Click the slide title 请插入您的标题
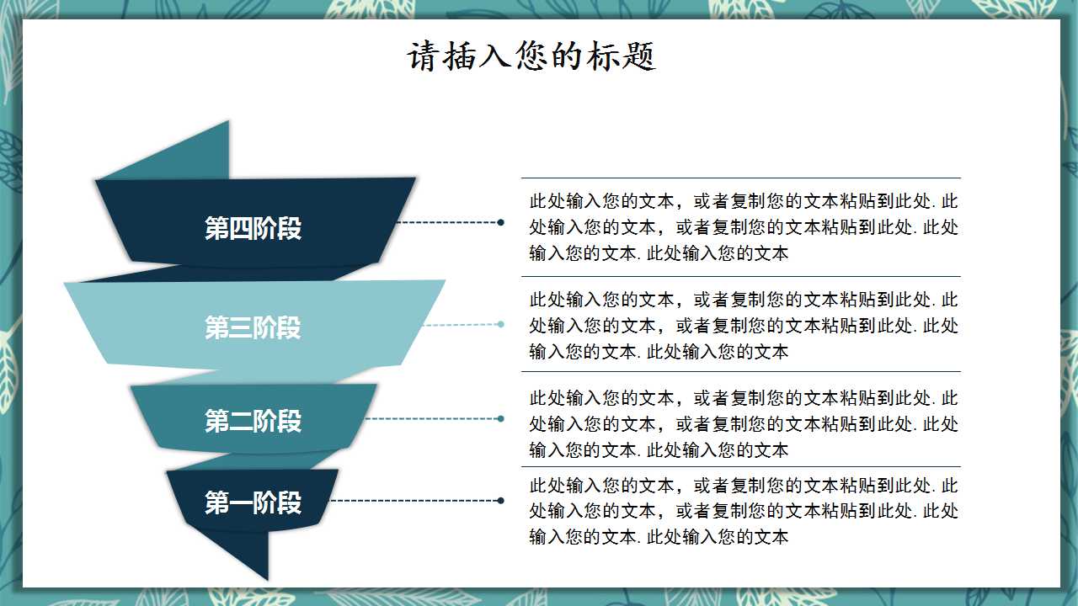click(x=531, y=57)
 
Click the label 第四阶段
click(x=253, y=228)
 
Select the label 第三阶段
click(x=253, y=327)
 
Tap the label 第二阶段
click(x=253, y=421)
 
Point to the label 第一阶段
click(x=253, y=502)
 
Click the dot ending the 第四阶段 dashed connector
click(x=501, y=222)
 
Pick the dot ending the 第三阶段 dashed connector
click(x=501, y=324)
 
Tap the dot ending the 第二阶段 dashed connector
click(x=501, y=418)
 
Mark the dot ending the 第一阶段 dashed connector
click(x=501, y=501)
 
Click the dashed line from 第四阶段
click(x=446, y=222)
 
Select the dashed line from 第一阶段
click(x=413, y=501)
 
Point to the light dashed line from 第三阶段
click(x=462, y=324)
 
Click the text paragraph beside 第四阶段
click(x=744, y=227)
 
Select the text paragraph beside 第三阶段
click(x=744, y=325)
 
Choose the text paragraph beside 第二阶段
click(x=744, y=423)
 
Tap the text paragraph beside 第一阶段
click(x=744, y=511)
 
